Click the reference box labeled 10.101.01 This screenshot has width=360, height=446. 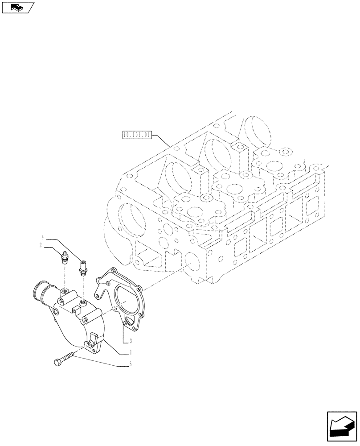point(136,134)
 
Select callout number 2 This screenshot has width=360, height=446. point(41,245)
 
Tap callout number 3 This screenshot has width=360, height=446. point(130,342)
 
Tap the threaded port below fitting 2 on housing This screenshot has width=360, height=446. point(65,292)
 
